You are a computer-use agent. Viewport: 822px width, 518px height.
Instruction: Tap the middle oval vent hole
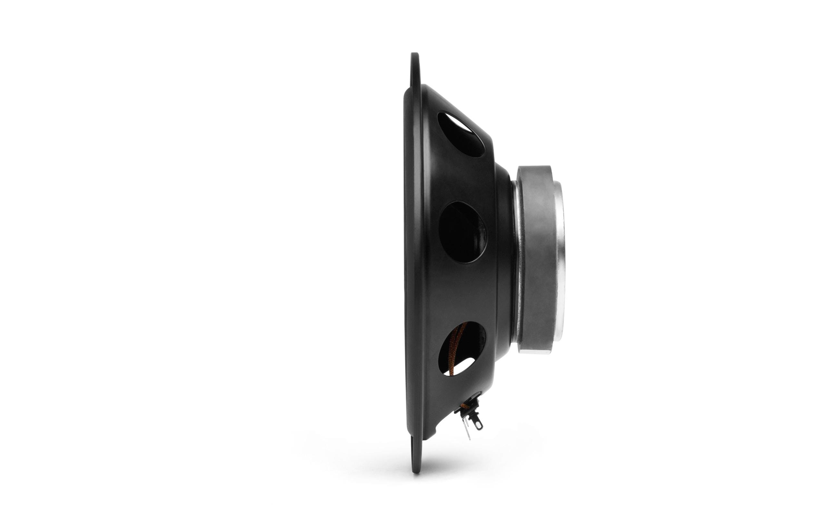click(462, 232)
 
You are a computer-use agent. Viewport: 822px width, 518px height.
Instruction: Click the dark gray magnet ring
click(538, 260)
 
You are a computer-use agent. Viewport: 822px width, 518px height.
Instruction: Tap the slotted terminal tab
click(477, 424)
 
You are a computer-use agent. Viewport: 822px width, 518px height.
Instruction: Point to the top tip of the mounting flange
click(415, 55)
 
